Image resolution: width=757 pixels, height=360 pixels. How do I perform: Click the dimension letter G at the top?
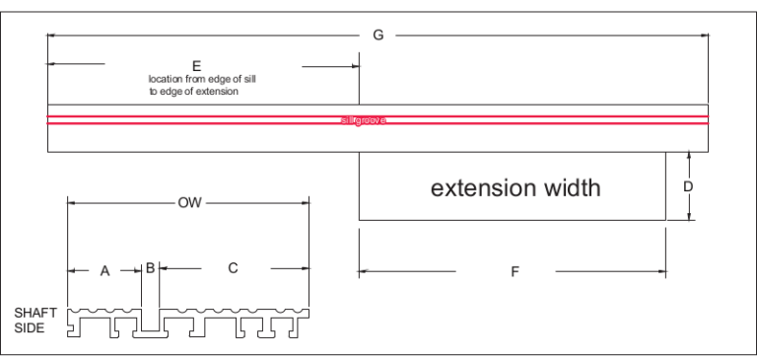pos(378,36)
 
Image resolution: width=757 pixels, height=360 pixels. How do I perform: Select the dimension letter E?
pos(196,65)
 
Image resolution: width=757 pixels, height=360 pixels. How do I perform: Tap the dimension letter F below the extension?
pos(515,273)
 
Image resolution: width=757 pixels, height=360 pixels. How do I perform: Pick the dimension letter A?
pos(104,270)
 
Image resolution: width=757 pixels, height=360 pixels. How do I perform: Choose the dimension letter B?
pos(150,267)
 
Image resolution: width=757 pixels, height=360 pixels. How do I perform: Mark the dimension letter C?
pos(233,267)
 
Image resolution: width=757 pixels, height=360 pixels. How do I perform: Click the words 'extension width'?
pos(515,187)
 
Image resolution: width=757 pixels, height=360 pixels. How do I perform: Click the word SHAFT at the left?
pos(35,313)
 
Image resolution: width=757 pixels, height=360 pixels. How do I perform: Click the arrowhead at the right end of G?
pos(704,36)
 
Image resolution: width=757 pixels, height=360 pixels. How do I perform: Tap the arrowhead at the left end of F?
pos(364,270)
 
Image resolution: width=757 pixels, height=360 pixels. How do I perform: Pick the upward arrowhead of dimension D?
pos(689,156)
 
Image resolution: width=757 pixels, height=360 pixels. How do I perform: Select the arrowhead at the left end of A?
pos(71,270)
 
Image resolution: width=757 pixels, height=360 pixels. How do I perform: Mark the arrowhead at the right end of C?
pos(306,267)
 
